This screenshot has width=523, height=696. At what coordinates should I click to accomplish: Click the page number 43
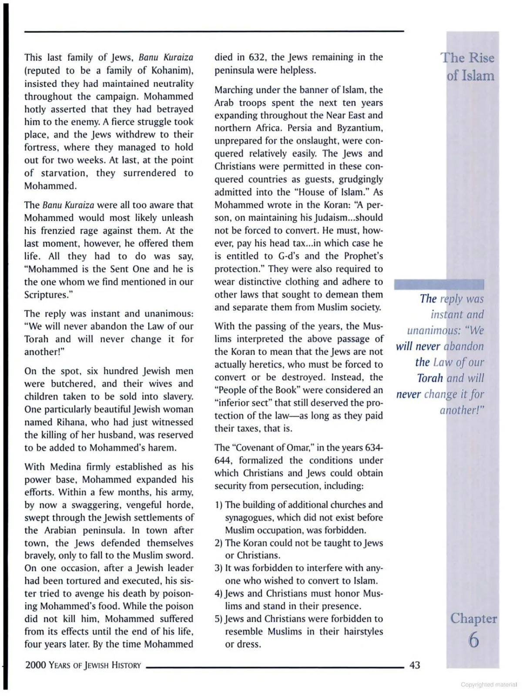[415, 665]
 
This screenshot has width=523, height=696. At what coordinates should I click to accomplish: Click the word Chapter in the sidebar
[473, 618]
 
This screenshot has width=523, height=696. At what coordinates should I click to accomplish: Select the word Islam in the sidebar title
[477, 76]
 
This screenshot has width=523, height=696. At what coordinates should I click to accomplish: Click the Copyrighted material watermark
[489, 684]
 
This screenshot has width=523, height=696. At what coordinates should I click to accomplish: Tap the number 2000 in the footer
[35, 665]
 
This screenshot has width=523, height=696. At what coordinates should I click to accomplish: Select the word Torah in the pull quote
[429, 378]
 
